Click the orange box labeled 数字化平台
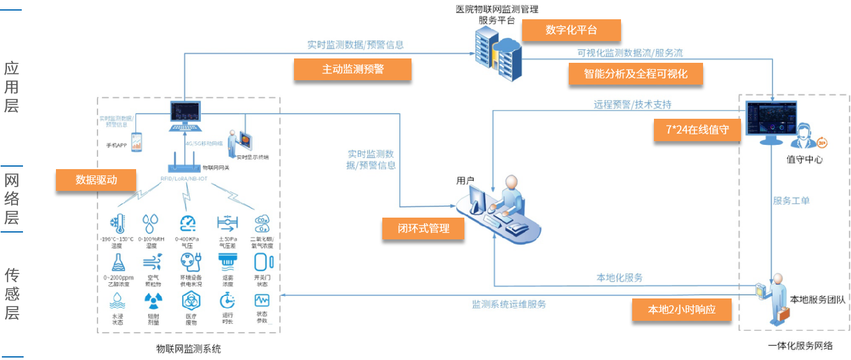pyautogui.click(x=571, y=30)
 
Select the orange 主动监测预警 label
pyautogui.click(x=352, y=70)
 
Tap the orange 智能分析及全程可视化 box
pyautogui.click(x=635, y=74)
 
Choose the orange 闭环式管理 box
pyautogui.click(x=423, y=228)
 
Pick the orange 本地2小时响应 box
pyautogui.click(x=681, y=310)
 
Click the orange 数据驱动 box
pyautogui.click(x=96, y=180)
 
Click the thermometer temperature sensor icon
pyautogui.click(x=117, y=223)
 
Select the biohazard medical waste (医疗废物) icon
pyautogui.click(x=190, y=301)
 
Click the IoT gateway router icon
pyautogui.click(x=185, y=167)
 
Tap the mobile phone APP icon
pyautogui.click(x=136, y=141)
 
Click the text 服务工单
pyautogui.click(x=791, y=201)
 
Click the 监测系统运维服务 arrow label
pyautogui.click(x=508, y=304)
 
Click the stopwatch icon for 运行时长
pyautogui.click(x=226, y=301)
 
